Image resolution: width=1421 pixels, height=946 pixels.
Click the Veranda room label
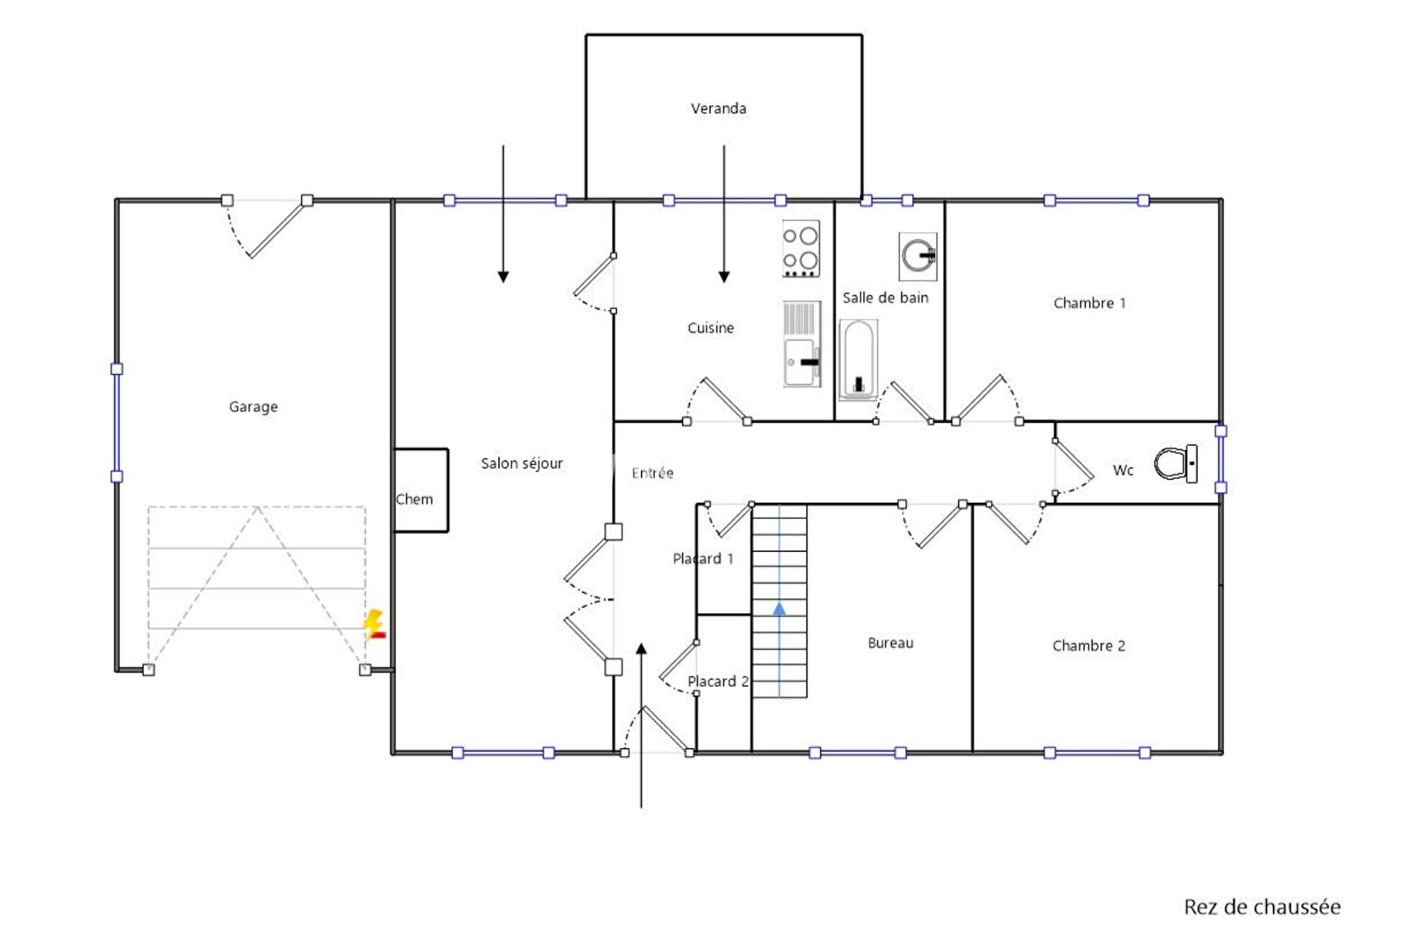pyautogui.click(x=718, y=109)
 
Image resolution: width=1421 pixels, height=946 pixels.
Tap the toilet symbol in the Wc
pyautogui.click(x=1176, y=463)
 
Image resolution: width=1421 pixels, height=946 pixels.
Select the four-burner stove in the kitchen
pyautogui.click(x=800, y=249)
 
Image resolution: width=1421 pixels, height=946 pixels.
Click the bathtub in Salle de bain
pyautogui.click(x=858, y=359)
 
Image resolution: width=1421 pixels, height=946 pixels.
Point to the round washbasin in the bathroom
pyautogui.click(x=918, y=257)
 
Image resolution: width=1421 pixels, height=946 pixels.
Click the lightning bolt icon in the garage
pyautogui.click(x=374, y=625)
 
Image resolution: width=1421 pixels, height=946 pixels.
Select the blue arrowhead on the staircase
pyautogui.click(x=779, y=609)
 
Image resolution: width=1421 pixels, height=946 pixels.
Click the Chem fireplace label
pyautogui.click(x=414, y=499)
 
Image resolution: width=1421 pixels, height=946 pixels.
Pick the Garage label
pyautogui.click(x=253, y=406)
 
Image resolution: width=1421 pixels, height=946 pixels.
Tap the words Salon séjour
pyautogui.click(x=522, y=463)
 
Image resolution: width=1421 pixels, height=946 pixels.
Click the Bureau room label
pyautogui.click(x=890, y=643)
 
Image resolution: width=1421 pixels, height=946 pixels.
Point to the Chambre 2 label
pyautogui.click(x=1088, y=646)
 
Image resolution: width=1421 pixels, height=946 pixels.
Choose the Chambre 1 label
pyautogui.click(x=1089, y=303)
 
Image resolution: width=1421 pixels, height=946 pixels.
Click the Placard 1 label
pyautogui.click(x=703, y=559)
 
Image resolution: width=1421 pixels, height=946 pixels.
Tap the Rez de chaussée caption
pyautogui.click(x=1262, y=907)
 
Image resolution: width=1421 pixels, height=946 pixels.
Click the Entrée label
pyautogui.click(x=652, y=473)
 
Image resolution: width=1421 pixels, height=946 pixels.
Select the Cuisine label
pyautogui.click(x=711, y=328)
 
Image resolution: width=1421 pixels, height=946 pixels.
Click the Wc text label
pyautogui.click(x=1122, y=470)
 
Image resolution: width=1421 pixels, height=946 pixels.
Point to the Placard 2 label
pyautogui.click(x=718, y=681)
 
